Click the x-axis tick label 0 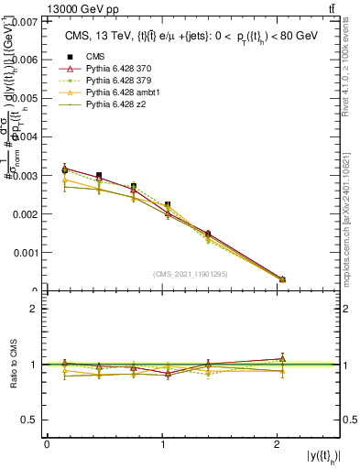coord(47,444)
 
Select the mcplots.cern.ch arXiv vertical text coord(351,210)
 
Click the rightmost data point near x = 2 coord(282,278)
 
